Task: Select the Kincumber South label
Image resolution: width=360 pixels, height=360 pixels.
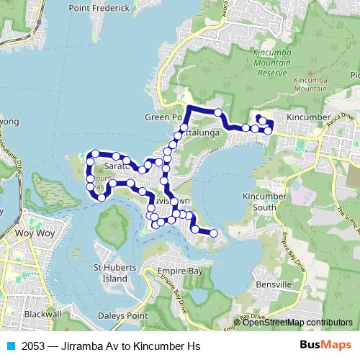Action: pyautogui.click(x=269, y=202)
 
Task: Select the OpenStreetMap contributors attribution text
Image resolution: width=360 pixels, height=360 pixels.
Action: pyautogui.click(x=297, y=322)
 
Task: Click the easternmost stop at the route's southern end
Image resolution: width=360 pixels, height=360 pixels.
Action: pyautogui.click(x=214, y=233)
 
